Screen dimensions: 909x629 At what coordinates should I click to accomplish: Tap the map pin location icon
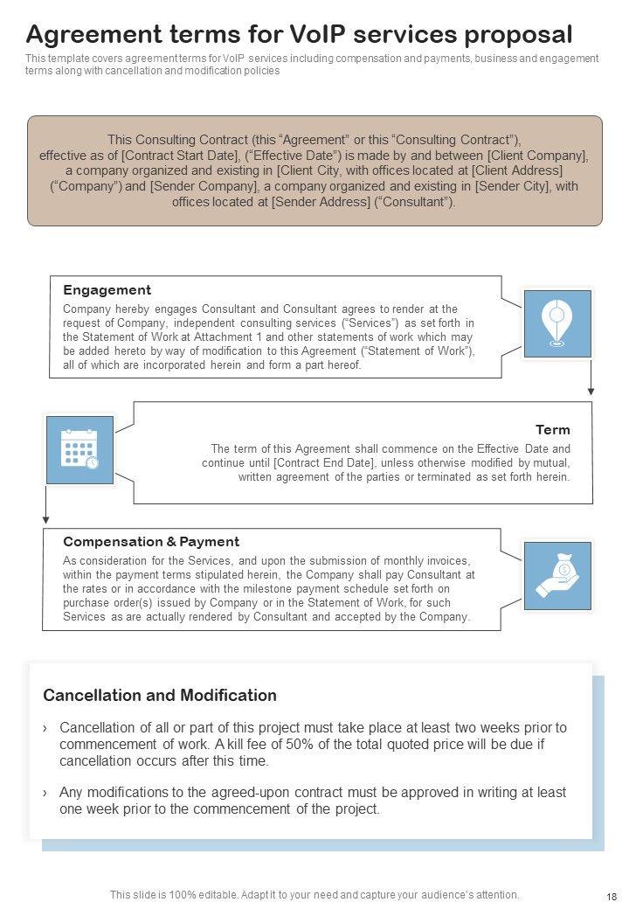coord(556,323)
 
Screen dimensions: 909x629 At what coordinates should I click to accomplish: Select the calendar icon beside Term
coord(79,449)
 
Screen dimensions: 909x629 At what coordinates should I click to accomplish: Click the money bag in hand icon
coord(556,575)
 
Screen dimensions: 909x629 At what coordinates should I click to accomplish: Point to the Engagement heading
coord(107,290)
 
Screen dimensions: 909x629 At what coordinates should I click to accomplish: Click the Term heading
coord(552,430)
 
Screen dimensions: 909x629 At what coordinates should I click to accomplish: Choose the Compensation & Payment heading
coord(151,542)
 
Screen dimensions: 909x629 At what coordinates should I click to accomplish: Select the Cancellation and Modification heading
coord(160,696)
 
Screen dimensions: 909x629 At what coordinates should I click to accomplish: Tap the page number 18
coord(611,897)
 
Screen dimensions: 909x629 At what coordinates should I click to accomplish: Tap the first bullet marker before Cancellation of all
coord(45,728)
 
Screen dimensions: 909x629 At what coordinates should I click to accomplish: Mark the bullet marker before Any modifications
coord(45,793)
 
